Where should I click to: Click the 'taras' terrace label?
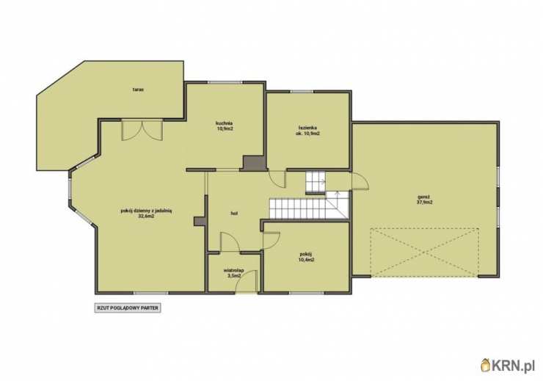pyautogui.click(x=138, y=90)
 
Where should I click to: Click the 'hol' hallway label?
pyautogui.click(x=234, y=214)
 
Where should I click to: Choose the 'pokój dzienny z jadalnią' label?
pyautogui.click(x=146, y=211)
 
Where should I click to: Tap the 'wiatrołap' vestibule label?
pyautogui.click(x=234, y=270)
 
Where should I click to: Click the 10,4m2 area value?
pyautogui.click(x=306, y=259)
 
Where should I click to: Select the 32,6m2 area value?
pyautogui.click(x=146, y=216)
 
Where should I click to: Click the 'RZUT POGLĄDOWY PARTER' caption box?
pyautogui.click(x=128, y=308)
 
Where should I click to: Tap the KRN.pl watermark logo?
pyautogui.click(x=508, y=366)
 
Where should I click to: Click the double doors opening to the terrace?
pyautogui.click(x=142, y=130)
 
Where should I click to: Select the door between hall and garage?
pyautogui.click(x=360, y=181)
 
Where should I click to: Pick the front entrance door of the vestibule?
pyautogui.click(x=247, y=282)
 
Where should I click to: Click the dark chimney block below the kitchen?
pyautogui.click(x=255, y=163)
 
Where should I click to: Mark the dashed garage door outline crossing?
pyautogui.click(x=424, y=253)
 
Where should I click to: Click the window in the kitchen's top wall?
pyautogui.click(x=225, y=82)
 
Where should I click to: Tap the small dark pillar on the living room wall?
pyautogui.click(x=199, y=222)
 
